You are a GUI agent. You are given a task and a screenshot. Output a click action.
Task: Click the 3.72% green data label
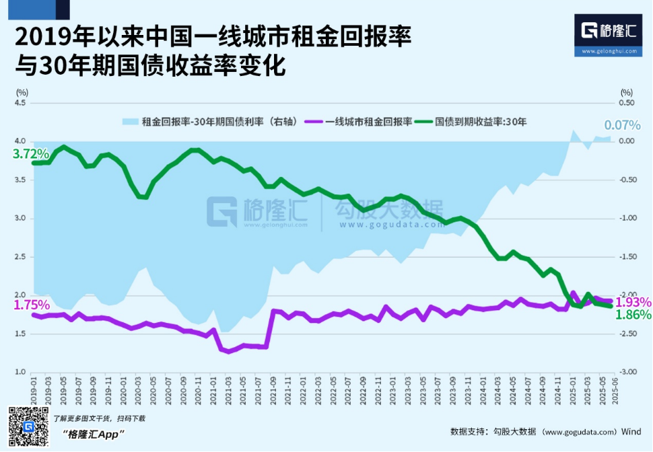point(30,153)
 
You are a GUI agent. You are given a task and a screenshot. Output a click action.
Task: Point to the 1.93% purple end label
point(633,302)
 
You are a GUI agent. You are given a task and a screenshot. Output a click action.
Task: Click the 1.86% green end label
point(633,315)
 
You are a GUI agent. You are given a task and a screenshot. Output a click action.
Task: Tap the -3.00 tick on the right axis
point(627,372)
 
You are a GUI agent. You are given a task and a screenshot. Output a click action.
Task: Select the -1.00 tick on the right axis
point(627,219)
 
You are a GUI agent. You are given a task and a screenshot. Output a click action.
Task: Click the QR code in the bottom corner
point(28,426)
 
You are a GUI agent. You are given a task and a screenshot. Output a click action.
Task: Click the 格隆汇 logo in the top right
point(609,30)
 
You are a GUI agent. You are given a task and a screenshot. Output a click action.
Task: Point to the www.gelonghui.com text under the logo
point(609,50)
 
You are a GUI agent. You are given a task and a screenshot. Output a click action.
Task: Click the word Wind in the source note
point(631,431)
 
